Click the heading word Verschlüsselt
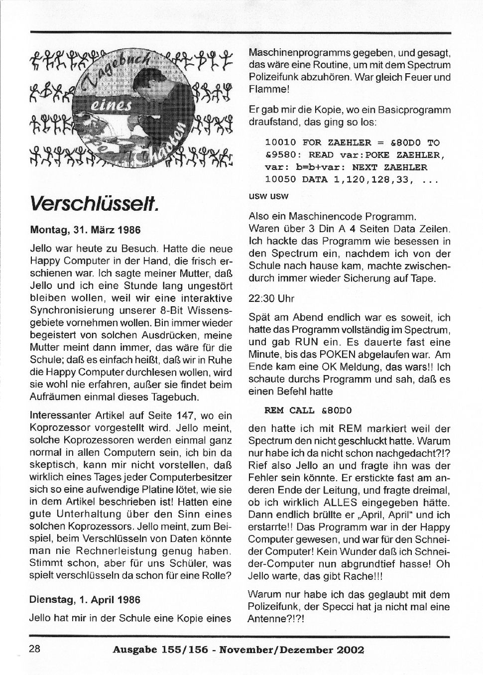click(x=94, y=203)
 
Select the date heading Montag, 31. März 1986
click(x=85, y=230)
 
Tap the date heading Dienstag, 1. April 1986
click(x=85, y=600)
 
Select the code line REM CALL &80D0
click(x=308, y=410)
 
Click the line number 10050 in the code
click(x=280, y=180)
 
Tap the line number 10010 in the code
click(x=280, y=142)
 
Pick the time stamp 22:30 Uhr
click(x=271, y=299)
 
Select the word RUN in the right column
click(x=304, y=343)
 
